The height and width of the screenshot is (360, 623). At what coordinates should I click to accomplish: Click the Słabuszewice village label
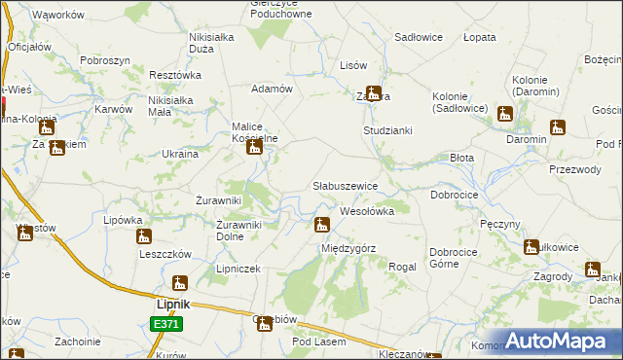(x=351, y=185)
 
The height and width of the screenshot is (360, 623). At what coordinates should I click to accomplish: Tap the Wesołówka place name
(x=366, y=210)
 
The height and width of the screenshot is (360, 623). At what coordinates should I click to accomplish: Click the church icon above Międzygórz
(x=321, y=226)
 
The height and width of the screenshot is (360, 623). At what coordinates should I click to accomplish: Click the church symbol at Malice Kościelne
(x=255, y=146)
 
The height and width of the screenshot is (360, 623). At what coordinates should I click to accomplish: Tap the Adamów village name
(x=273, y=89)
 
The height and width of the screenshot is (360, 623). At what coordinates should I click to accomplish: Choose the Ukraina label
(x=180, y=154)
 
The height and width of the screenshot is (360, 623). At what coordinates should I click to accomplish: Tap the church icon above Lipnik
(x=179, y=283)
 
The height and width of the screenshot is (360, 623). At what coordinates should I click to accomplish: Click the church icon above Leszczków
(x=144, y=235)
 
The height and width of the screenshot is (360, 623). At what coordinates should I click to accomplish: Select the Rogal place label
(x=402, y=267)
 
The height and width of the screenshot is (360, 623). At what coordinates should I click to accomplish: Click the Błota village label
(x=461, y=157)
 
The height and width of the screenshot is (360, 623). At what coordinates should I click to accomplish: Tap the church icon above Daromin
(x=557, y=126)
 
